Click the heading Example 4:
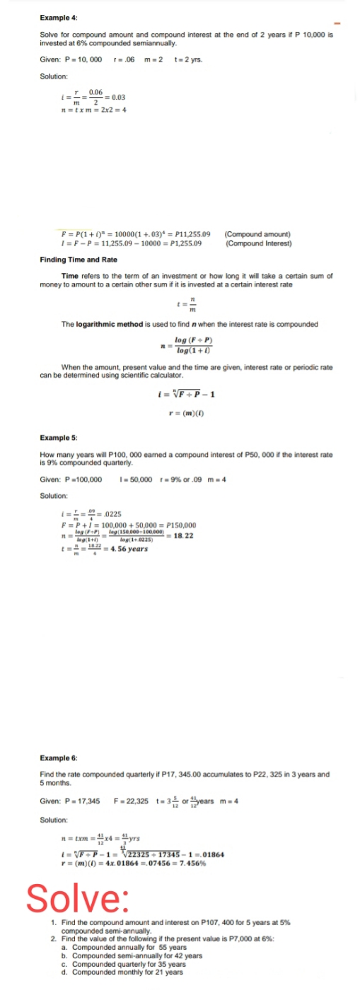point(59,16)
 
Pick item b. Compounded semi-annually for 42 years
point(132,955)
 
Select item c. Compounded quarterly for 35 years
point(127,963)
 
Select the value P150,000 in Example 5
point(177,526)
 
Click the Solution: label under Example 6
point(54,819)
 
